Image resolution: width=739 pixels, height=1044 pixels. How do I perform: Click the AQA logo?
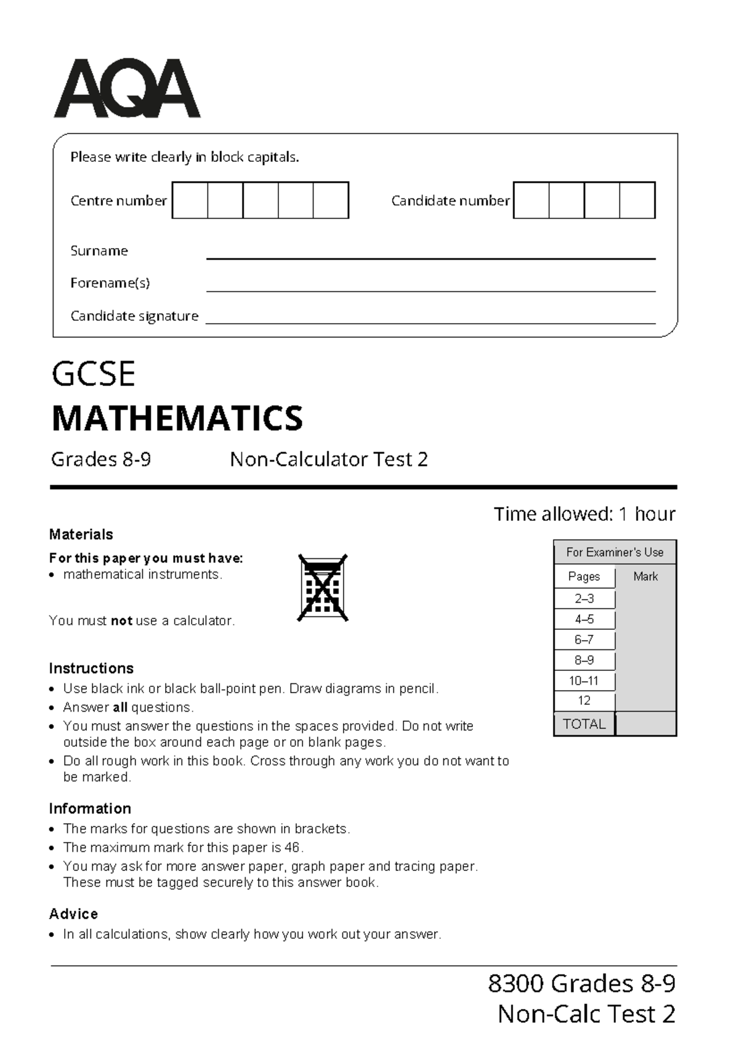(126, 89)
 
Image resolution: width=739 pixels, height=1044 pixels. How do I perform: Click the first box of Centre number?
(190, 200)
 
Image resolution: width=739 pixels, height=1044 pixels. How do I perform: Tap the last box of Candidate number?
(637, 200)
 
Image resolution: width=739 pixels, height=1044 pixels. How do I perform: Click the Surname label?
(99, 251)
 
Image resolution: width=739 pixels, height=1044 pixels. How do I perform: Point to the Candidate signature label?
(134, 316)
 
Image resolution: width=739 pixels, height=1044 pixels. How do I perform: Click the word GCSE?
(94, 374)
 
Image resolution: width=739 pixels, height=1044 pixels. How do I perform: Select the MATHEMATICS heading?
(177, 419)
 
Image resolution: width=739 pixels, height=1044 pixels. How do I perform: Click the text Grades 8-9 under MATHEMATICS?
(101, 460)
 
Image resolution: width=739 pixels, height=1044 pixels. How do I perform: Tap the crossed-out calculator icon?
(323, 588)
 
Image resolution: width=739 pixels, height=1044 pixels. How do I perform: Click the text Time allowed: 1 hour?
(584, 514)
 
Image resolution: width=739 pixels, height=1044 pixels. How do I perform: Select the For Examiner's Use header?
(615, 552)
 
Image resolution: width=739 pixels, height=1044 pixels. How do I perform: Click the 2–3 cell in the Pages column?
(584, 598)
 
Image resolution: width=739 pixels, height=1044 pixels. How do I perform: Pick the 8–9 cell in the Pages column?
(584, 660)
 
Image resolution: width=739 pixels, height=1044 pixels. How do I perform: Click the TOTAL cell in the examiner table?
(584, 724)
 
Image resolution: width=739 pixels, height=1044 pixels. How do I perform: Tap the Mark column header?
(645, 577)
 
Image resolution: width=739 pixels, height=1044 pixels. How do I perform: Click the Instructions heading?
(91, 669)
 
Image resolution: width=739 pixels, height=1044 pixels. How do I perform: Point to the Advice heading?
(73, 914)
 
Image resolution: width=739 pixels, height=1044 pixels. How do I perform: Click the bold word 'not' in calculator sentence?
(121, 621)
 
